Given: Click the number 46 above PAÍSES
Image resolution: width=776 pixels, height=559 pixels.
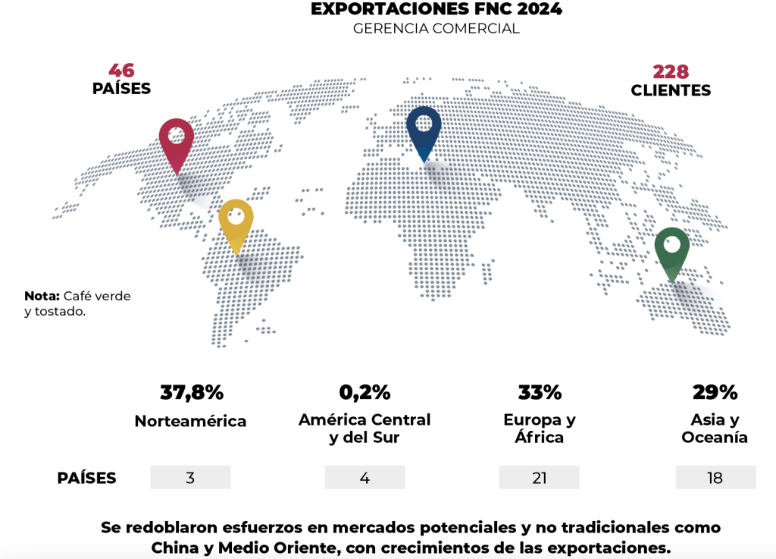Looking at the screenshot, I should [x=121, y=71].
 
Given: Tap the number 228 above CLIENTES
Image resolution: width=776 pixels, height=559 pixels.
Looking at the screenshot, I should [x=671, y=72].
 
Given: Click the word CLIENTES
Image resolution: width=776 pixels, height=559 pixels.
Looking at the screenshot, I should [x=671, y=90].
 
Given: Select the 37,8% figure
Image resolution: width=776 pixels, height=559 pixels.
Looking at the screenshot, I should [x=192, y=393].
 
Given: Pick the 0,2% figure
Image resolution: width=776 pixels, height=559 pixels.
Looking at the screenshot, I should [x=365, y=393].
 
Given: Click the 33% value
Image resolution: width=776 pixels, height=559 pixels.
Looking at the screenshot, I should [x=540, y=393].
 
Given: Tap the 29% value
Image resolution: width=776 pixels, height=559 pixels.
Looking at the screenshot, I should [x=715, y=393].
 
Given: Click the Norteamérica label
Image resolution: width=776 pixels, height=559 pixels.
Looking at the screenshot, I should [x=190, y=421].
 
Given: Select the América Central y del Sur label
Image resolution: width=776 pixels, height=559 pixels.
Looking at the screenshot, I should [x=365, y=429].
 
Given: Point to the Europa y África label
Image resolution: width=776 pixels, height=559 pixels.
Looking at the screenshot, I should [x=540, y=429].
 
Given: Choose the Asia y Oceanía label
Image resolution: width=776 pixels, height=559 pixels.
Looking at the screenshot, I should [x=715, y=429].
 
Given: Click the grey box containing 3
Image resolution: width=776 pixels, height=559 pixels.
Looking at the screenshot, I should [x=190, y=477].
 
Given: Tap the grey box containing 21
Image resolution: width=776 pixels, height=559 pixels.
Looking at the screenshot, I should [x=539, y=477].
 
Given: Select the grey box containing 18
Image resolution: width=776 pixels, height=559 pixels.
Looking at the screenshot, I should [x=715, y=477].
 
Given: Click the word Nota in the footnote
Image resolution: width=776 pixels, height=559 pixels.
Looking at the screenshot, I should [x=42, y=296].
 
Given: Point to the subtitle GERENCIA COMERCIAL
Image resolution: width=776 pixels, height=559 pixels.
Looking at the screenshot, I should [x=436, y=29].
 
